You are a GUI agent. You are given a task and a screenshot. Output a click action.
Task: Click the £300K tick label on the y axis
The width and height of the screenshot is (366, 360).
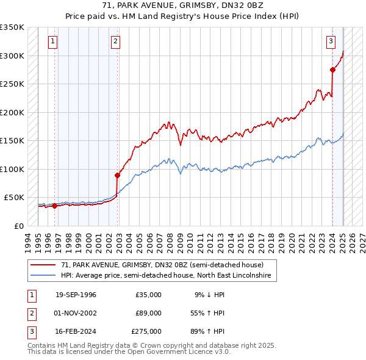pos(12,56)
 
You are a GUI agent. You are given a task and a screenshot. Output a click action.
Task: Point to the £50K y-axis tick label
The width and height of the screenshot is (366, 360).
pos(14,198)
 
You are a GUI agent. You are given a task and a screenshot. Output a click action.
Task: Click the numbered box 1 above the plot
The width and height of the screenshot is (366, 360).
pos(53,41)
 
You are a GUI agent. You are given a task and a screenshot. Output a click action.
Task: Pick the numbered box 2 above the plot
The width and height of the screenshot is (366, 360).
pos(115,41)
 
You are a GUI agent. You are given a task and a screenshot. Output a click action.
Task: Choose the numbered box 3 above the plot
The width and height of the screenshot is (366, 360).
pos(331,41)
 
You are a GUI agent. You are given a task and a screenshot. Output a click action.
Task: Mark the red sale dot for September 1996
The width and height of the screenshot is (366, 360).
pos(54,206)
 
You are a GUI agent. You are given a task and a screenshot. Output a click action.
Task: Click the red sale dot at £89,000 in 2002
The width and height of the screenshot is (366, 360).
pos(117,175)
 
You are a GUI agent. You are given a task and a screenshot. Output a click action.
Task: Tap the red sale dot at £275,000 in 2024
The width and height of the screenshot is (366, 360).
pos(333,70)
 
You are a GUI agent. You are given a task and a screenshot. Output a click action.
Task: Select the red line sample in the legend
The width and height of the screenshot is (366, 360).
pos(43,265)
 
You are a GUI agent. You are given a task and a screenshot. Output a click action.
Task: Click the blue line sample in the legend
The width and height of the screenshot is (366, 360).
pos(43,276)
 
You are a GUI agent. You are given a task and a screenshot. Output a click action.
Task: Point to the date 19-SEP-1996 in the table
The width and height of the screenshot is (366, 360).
pos(76,295)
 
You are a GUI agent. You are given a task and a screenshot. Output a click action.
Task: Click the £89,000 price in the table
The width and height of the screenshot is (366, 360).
pos(148,313)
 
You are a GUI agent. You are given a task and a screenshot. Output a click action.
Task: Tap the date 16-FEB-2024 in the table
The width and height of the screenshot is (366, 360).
pos(76,331)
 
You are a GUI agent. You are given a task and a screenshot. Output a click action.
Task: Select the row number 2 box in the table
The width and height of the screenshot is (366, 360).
pos(30,313)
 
